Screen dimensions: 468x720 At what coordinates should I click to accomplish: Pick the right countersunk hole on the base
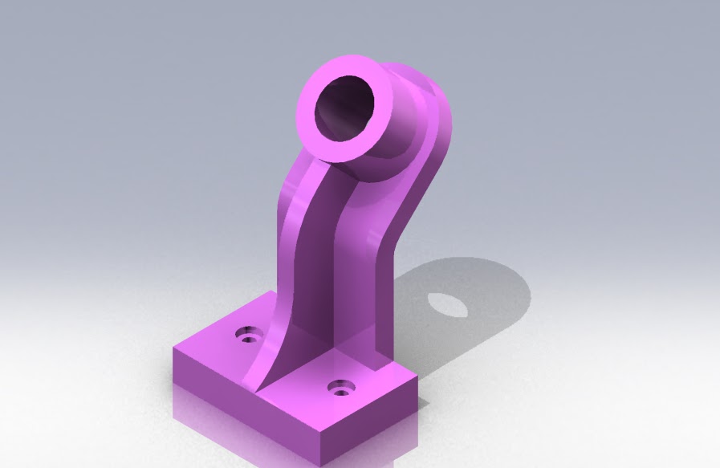coord(343,388)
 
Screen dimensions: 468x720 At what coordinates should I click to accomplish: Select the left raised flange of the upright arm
coord(287,241)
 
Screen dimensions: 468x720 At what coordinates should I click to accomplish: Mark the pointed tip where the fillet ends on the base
coord(258,392)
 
